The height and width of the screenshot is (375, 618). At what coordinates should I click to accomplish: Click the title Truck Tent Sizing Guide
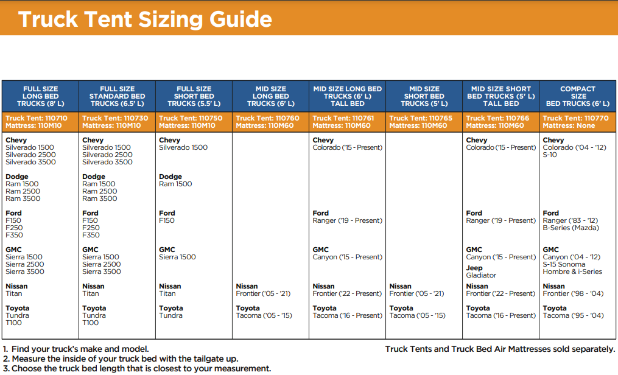click(x=145, y=19)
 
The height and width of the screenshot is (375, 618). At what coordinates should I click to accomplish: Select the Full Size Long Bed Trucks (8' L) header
click(x=41, y=96)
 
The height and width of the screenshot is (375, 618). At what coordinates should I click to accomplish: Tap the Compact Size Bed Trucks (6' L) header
click(x=578, y=96)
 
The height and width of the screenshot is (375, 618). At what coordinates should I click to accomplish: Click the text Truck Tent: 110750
click(x=191, y=118)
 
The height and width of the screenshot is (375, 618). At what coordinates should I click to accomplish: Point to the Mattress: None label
click(x=569, y=125)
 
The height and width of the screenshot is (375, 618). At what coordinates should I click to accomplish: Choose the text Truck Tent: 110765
click(x=421, y=118)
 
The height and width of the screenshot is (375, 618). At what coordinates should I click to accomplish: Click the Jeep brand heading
click(x=474, y=268)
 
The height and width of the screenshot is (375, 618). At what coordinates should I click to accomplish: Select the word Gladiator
click(x=481, y=275)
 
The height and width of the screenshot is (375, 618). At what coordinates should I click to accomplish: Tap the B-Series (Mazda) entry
click(x=571, y=228)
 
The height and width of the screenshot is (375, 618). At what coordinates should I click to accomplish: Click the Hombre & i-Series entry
click(x=572, y=272)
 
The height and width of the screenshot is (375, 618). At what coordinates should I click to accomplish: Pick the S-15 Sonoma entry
click(x=564, y=264)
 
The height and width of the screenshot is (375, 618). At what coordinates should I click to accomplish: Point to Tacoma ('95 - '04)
click(x=573, y=315)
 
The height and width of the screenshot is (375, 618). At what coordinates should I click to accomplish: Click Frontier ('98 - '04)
click(x=573, y=293)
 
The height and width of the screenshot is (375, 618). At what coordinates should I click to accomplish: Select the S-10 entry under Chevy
click(x=550, y=155)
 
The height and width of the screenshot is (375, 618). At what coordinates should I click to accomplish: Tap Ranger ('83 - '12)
click(x=571, y=220)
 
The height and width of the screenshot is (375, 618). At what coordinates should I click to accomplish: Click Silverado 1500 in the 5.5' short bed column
click(x=183, y=147)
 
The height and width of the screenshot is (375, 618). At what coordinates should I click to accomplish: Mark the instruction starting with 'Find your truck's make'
click(x=75, y=349)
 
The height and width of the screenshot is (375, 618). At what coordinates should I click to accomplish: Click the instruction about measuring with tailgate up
click(x=121, y=359)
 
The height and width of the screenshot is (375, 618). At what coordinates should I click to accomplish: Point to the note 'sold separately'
click(x=500, y=349)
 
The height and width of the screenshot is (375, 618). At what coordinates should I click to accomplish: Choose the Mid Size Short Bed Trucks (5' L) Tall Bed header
click(x=501, y=96)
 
